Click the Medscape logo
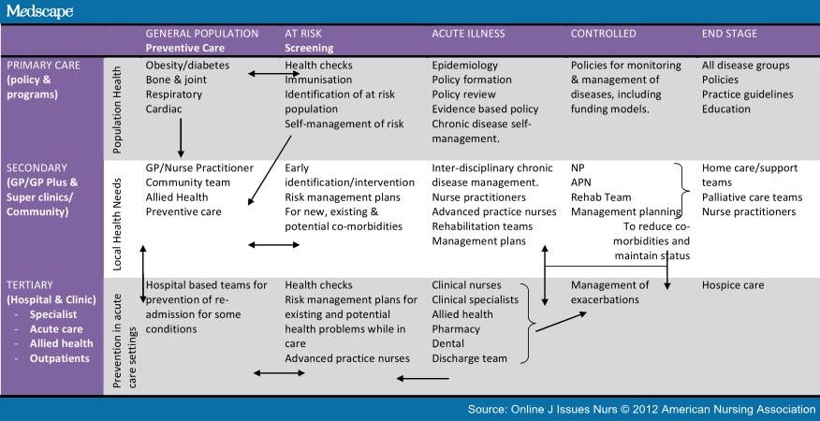(39, 11)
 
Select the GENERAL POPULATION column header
(202, 34)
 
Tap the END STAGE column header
(729, 34)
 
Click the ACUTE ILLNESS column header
(469, 34)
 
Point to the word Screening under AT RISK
(309, 48)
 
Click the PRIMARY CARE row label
(43, 65)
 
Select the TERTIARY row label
(30, 285)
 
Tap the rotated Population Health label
(117, 109)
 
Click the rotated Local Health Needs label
(117, 225)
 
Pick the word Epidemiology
(465, 65)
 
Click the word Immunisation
(318, 80)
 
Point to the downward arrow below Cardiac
(181, 138)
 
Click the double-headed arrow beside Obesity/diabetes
(273, 74)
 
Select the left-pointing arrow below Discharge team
(422, 378)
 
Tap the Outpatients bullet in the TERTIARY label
(59, 358)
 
